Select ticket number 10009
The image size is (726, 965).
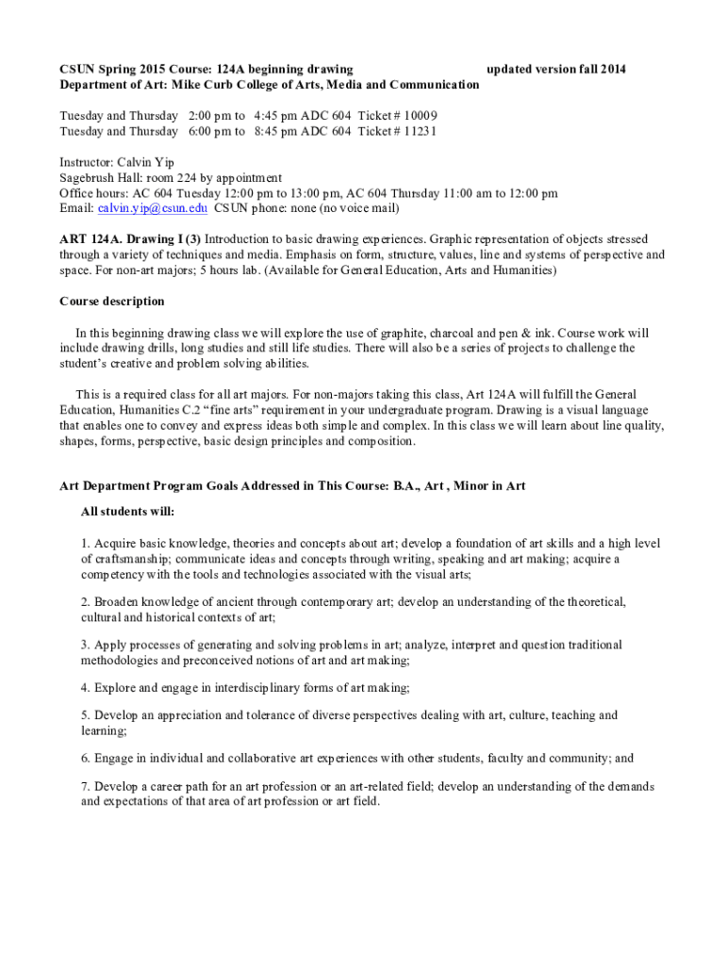tap(417, 116)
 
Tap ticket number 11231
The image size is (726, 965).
tap(417, 131)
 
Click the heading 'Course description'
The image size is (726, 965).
tap(111, 302)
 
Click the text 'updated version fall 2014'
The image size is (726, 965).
tap(555, 69)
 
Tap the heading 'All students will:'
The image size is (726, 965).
tap(127, 512)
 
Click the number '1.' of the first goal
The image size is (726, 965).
tap(86, 544)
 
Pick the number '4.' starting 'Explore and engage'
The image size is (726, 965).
tap(86, 688)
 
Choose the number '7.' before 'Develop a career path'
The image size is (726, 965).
tap(86, 787)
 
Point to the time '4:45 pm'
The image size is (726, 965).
tap(278, 116)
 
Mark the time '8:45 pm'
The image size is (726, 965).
tap(278, 131)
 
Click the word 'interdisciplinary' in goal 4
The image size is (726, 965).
tap(247, 688)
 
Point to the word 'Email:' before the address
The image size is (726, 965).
tap(76, 208)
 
